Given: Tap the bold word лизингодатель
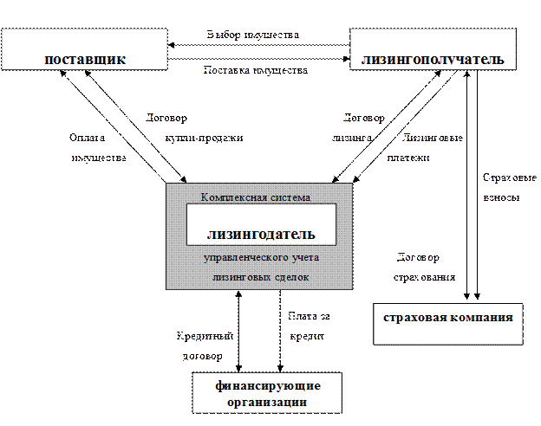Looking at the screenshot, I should click(x=260, y=234).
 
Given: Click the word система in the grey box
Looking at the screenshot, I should click(x=290, y=197).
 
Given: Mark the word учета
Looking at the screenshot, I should click(x=301, y=258).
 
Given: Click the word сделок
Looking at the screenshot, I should click(x=292, y=276).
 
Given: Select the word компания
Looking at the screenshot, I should click(x=479, y=317).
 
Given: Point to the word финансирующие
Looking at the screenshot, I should click(x=267, y=385).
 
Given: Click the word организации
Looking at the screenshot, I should click(x=267, y=402).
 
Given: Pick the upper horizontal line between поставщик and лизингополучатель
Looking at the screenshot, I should click(x=260, y=42).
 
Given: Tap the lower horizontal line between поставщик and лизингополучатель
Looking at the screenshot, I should click(x=260, y=59).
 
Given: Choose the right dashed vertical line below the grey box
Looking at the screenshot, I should click(x=279, y=333).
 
